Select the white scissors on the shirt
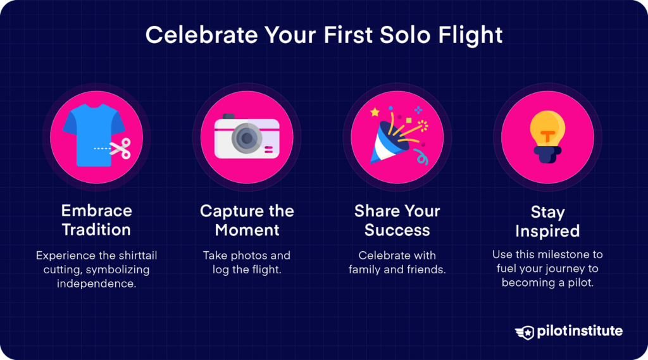tap(120, 149)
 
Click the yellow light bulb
tap(547, 129)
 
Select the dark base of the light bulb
tap(547, 154)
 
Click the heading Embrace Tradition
tap(96, 220)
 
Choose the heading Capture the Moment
tap(247, 220)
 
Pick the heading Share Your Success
tap(397, 220)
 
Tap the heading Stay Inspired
tap(547, 221)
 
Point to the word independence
tap(96, 283)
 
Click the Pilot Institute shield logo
tap(525, 332)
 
